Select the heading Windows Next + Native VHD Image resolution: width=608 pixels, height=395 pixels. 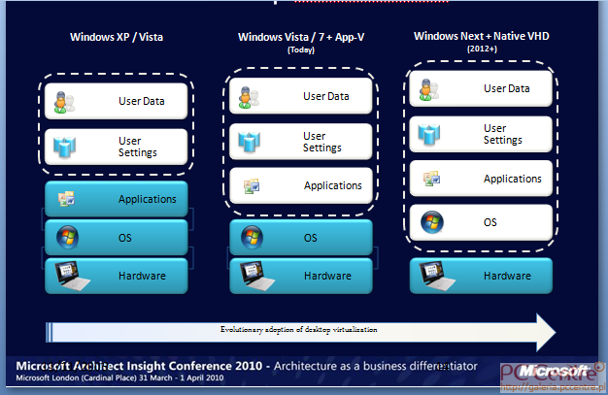click(480, 36)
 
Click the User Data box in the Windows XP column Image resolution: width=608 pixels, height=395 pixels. click(117, 100)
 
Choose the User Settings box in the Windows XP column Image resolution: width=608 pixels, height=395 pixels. click(117, 147)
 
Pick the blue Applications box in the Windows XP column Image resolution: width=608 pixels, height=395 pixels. click(117, 199)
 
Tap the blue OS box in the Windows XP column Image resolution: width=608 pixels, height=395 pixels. click(117, 237)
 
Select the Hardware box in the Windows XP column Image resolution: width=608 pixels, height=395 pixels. click(117, 276)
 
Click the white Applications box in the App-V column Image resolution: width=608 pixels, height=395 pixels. click(301, 185)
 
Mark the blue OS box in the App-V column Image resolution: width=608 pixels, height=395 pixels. click(301, 237)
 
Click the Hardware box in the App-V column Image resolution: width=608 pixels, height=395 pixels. click(301, 276)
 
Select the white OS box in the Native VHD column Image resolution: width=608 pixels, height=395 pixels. click(481, 222)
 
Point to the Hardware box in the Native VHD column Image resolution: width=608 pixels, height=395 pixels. click(481, 276)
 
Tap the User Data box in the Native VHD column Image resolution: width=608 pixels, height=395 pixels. click(481, 88)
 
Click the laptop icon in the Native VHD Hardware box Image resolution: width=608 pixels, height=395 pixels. click(433, 276)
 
